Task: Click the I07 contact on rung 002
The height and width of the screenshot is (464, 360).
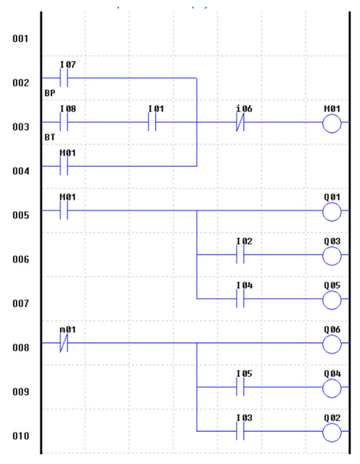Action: pyautogui.click(x=64, y=78)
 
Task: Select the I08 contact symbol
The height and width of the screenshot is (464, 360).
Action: pyautogui.click(x=64, y=122)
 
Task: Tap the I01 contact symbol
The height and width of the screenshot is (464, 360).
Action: pyautogui.click(x=152, y=122)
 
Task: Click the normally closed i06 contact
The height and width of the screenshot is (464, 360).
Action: pyautogui.click(x=241, y=122)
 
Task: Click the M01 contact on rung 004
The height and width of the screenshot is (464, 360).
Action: pyautogui.click(x=64, y=166)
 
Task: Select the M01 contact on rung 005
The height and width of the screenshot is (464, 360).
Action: pyautogui.click(x=64, y=211)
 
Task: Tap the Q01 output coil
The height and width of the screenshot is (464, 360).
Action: pyautogui.click(x=331, y=211)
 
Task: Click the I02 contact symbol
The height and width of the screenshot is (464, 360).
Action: pyautogui.click(x=241, y=255)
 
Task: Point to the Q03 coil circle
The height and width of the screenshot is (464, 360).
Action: pyautogui.click(x=331, y=256)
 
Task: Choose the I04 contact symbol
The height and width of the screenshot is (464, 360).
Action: pyautogui.click(x=241, y=298)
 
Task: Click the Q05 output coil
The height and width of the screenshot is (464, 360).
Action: pyautogui.click(x=331, y=300)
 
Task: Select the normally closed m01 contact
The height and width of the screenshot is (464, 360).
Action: pyautogui.click(x=64, y=343)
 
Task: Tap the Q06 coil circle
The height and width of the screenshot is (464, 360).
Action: pyautogui.click(x=331, y=344)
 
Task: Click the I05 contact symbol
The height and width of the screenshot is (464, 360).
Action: pyautogui.click(x=241, y=387)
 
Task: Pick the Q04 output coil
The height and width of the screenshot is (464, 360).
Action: pyautogui.click(x=331, y=388)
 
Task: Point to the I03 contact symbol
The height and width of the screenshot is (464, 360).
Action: pyautogui.click(x=241, y=431)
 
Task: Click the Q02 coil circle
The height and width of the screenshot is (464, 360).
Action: pyautogui.click(x=331, y=432)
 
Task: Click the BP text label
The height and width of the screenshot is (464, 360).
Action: pyautogui.click(x=50, y=93)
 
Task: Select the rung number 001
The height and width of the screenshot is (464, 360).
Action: pyautogui.click(x=21, y=38)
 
